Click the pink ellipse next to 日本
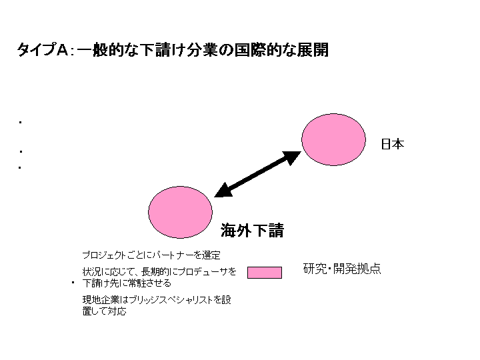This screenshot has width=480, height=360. [333, 139]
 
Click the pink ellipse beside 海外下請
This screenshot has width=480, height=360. [180, 212]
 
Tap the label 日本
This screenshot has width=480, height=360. [393, 144]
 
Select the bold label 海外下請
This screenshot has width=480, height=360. [252, 230]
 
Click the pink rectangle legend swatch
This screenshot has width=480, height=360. [265, 273]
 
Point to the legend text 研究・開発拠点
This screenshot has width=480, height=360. [342, 269]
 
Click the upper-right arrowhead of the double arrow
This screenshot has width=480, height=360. [292, 157]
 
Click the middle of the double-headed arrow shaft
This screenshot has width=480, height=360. [258, 174]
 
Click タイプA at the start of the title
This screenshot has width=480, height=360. [43, 50]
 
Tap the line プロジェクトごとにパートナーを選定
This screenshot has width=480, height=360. [151, 255]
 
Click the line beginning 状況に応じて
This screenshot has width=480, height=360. [159, 271]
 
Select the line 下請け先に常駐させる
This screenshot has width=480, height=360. [127, 283]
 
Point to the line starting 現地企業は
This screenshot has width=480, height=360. [157, 300]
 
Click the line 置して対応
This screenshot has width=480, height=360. [105, 311]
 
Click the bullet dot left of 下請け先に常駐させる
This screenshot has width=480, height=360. [73, 283]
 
